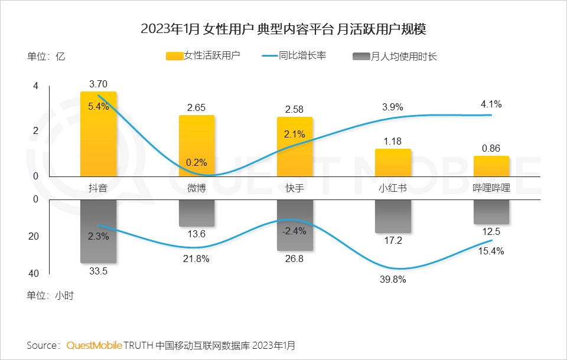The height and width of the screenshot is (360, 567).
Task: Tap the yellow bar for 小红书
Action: click(393, 162)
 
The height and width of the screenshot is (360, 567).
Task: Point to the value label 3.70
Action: click(98, 84)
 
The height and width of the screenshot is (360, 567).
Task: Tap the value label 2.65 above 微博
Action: click(196, 108)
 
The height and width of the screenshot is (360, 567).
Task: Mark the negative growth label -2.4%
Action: click(294, 231)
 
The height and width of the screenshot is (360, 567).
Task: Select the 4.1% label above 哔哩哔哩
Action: click(491, 104)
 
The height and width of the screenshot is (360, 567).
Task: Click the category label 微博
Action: click(196, 188)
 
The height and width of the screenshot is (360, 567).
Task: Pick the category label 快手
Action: click(294, 188)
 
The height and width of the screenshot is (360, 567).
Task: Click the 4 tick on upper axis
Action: click(35, 86)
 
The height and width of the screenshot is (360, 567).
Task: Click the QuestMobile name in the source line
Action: click(94, 345)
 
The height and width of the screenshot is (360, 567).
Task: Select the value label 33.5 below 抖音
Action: click(98, 272)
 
